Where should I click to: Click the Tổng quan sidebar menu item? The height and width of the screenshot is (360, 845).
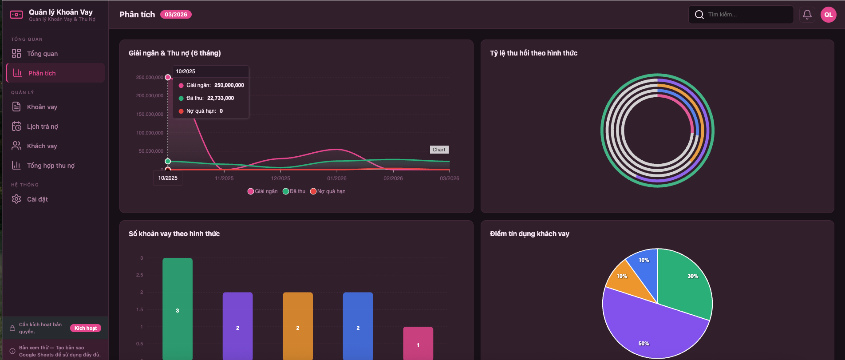42,54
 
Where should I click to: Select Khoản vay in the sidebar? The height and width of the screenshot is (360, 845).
42,107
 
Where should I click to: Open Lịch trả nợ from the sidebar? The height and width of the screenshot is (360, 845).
42,127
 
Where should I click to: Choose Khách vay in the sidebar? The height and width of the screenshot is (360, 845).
42,146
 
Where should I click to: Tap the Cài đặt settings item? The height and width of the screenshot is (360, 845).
37,199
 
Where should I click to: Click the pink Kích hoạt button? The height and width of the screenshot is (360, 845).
86,328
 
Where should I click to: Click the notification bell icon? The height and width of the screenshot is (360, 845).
807,15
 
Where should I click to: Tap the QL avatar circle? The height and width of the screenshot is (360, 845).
828,15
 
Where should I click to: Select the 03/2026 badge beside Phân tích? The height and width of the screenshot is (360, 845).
176,15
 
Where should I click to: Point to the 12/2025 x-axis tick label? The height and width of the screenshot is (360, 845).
280,178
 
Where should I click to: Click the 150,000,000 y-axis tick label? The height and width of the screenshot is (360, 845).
150,114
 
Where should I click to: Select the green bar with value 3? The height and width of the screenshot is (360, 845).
178,306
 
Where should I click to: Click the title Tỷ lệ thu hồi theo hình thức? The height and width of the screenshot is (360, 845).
533,53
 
